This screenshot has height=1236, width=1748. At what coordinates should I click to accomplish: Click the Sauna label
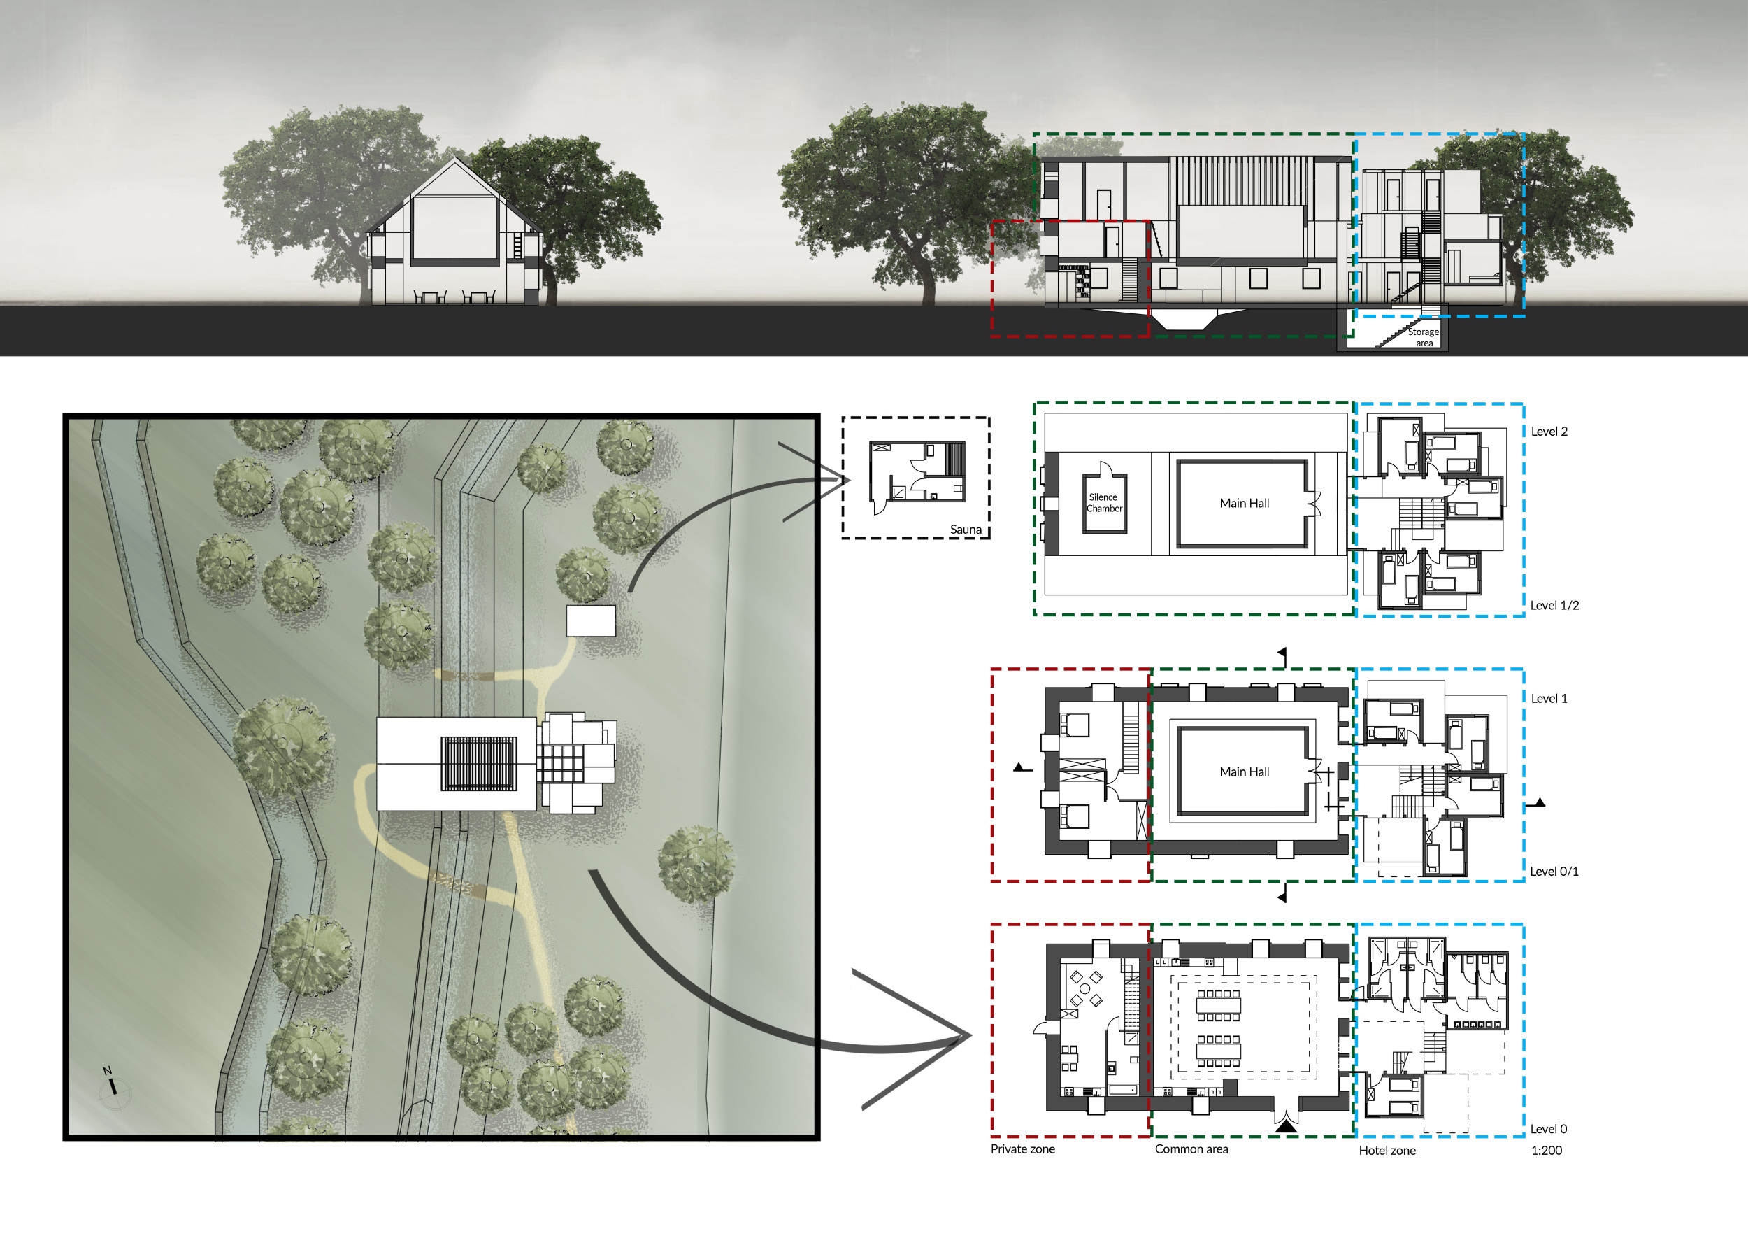click(966, 530)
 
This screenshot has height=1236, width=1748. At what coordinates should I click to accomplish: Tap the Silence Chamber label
click(1104, 503)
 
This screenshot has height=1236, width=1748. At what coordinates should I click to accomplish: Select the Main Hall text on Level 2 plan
click(1244, 504)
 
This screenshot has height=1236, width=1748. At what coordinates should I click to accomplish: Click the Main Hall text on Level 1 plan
click(1244, 772)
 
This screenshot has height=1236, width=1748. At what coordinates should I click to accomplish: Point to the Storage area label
click(1423, 337)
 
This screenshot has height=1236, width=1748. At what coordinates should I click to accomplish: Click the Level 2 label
click(1549, 431)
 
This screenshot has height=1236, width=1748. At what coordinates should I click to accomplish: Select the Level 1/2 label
click(1554, 606)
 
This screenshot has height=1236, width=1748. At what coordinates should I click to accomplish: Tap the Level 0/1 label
click(1554, 872)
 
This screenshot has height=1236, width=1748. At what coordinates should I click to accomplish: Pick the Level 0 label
click(1549, 1128)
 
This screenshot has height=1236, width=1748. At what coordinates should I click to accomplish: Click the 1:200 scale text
click(1546, 1150)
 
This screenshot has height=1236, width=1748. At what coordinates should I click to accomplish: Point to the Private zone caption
click(1022, 1149)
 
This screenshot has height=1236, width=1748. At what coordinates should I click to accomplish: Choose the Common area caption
click(1191, 1149)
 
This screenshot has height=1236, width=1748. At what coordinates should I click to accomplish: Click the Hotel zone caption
click(1387, 1150)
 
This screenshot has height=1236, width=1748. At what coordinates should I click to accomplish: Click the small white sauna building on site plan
click(591, 620)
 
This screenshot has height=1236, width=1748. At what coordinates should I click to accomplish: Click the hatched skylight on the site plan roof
click(479, 763)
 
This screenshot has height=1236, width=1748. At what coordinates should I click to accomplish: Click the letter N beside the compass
click(108, 1071)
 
